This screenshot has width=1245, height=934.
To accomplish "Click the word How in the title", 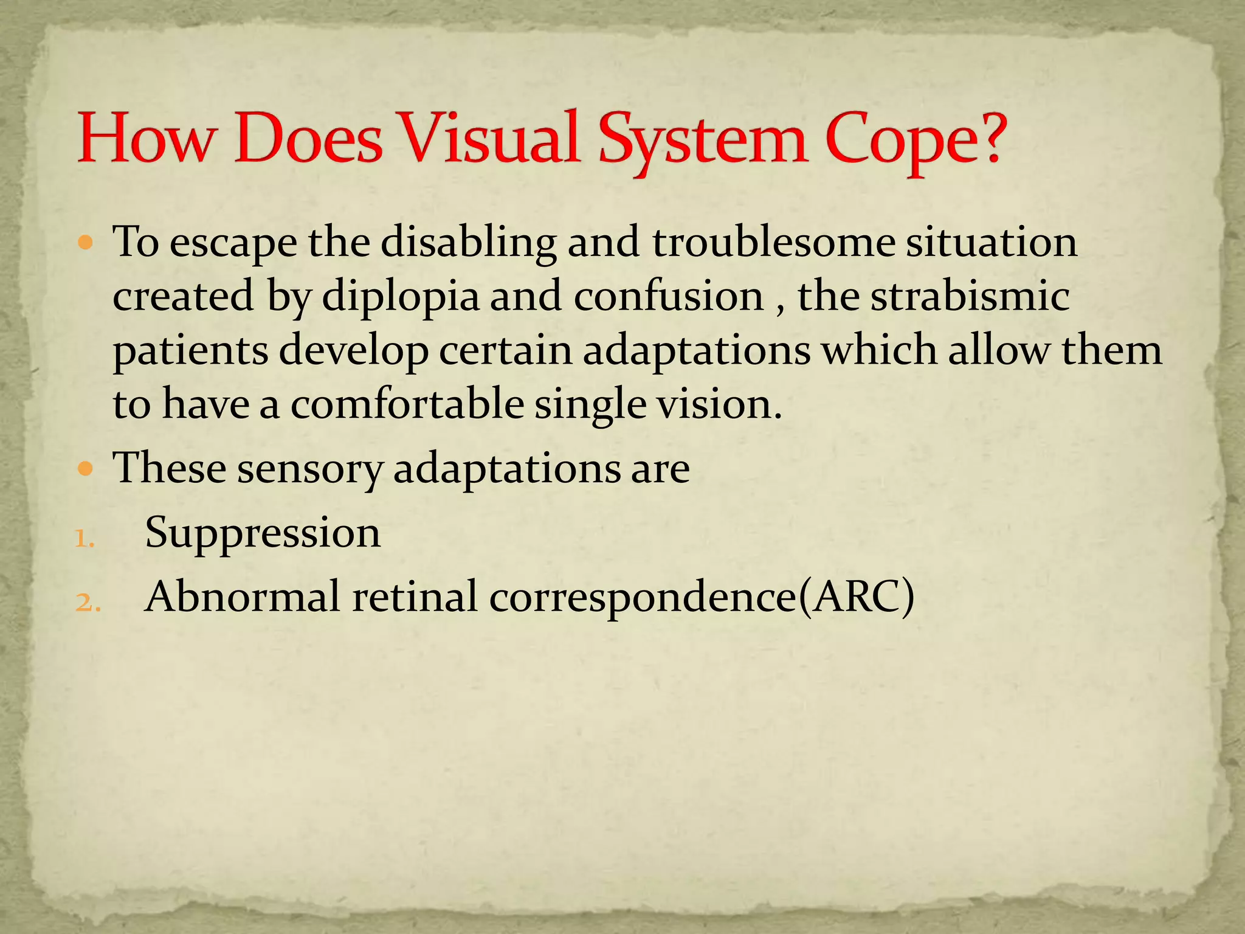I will pyautogui.click(x=146, y=139).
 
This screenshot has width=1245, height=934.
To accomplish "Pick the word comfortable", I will pyautogui.click(x=407, y=404).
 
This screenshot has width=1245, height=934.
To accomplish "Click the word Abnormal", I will pyautogui.click(x=242, y=596).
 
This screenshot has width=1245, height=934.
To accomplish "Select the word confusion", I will pyautogui.click(x=668, y=297).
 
